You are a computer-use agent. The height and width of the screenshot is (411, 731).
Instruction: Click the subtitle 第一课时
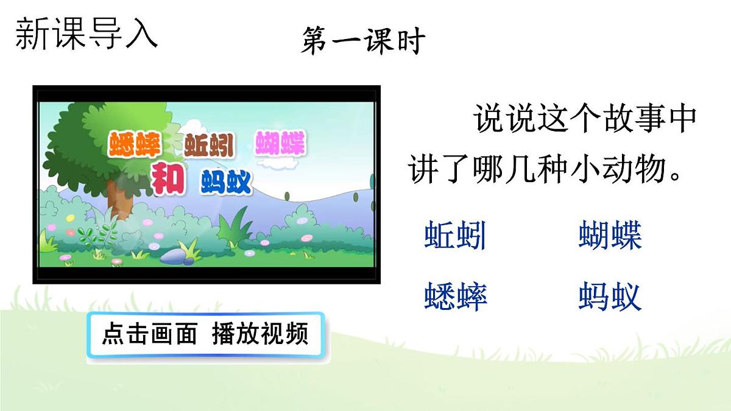coord(363,41)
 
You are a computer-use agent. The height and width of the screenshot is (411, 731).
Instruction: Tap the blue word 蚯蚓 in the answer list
coord(455,236)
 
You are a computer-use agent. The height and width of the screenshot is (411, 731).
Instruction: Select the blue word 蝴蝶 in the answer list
coord(610,236)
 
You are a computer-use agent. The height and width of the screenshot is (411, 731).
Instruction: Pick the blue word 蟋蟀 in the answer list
coord(456,298)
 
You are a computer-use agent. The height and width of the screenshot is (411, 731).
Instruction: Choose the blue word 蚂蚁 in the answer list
coord(610,298)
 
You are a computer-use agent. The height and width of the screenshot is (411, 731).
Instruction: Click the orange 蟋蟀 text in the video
coord(134,145)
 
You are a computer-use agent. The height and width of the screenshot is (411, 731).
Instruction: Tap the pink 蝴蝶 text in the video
coord(281,144)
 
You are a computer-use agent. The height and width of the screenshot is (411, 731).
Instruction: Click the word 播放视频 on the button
coord(261,334)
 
